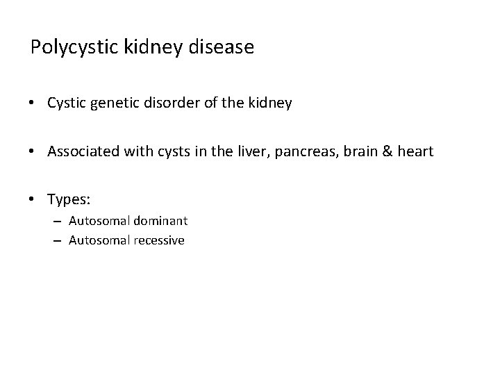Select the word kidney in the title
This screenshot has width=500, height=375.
point(149,48)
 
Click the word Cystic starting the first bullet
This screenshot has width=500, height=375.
point(67,103)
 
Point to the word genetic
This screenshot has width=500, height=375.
point(115,103)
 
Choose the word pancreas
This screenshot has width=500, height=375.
point(291,152)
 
